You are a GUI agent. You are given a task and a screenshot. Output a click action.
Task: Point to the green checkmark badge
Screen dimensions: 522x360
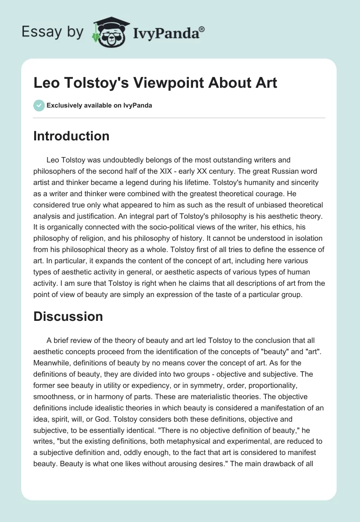[39, 106]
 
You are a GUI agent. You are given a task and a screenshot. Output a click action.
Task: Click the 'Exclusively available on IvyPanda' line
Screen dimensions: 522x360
[99, 106]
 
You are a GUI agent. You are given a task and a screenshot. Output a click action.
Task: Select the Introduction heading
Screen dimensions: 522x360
[71, 136]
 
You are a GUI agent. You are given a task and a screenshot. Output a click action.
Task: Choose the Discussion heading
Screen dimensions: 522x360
[68, 316]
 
